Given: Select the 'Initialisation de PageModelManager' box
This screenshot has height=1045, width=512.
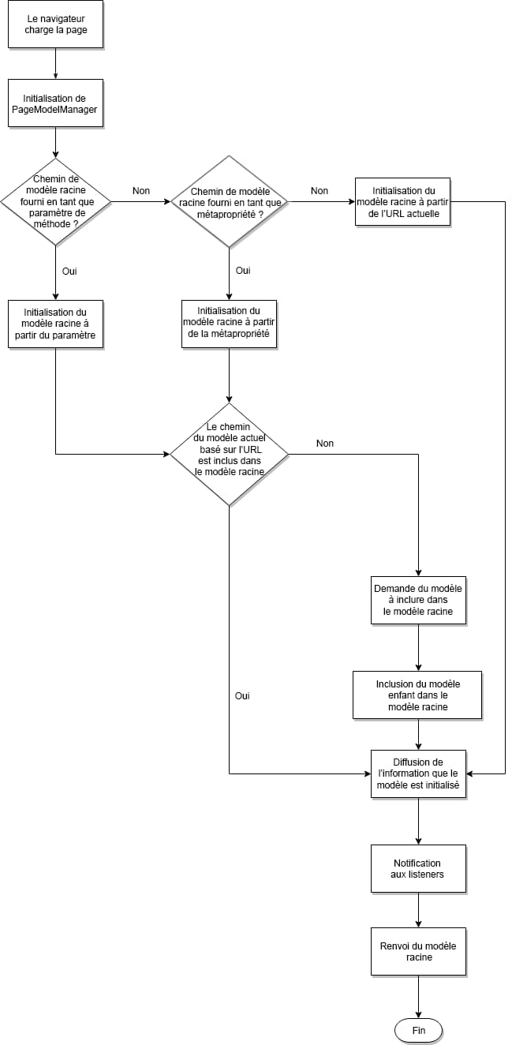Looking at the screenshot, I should (x=55, y=103).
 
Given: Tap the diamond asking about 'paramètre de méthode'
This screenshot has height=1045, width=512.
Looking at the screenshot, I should (x=55, y=201).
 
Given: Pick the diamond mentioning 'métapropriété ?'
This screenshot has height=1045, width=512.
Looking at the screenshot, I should (x=228, y=201).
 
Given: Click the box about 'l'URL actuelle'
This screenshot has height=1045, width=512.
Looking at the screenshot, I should (x=402, y=202).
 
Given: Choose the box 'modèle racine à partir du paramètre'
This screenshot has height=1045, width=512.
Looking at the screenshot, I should (x=55, y=324).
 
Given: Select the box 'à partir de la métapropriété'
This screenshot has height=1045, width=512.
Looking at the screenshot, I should (x=228, y=324).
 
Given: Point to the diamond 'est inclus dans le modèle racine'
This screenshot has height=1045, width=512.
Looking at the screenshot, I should (x=228, y=454).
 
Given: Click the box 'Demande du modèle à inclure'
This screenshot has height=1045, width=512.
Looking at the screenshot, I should (x=417, y=600).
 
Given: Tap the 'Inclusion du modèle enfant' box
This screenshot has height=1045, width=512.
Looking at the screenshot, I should (x=417, y=695).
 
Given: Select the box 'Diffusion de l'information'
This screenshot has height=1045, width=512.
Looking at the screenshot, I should (x=417, y=773).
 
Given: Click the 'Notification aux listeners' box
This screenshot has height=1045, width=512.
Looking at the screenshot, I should (x=417, y=868).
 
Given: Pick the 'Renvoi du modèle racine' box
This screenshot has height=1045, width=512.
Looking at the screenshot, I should (x=417, y=951).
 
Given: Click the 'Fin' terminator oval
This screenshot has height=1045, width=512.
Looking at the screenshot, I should (x=417, y=1031).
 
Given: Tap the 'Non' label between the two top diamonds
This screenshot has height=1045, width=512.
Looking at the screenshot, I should (x=141, y=191).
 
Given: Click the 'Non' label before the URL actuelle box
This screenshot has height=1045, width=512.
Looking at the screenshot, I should (x=320, y=191).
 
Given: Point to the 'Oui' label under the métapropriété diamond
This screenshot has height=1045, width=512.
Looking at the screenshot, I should (x=243, y=271).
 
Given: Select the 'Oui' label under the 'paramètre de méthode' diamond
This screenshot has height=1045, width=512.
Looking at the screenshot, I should (x=69, y=271).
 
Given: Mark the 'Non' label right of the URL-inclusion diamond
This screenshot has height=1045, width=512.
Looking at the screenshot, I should (x=325, y=444).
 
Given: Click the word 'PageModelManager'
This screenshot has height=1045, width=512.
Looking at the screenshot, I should (x=55, y=110).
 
